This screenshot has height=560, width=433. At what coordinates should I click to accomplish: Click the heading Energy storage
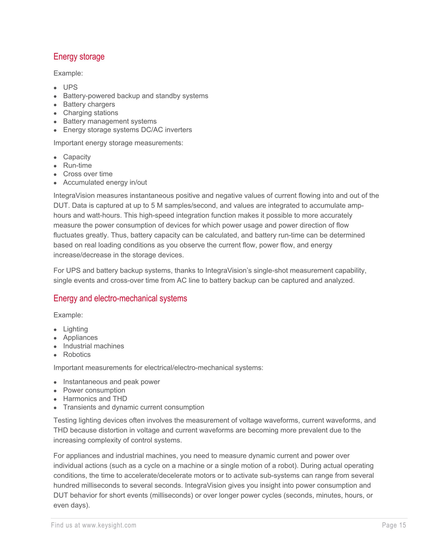click(x=79, y=57)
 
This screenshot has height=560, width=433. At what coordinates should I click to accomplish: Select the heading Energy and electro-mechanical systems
click(x=120, y=298)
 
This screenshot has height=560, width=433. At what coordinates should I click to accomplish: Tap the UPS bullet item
click(x=70, y=87)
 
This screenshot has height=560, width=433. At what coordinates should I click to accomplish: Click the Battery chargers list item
click(x=89, y=104)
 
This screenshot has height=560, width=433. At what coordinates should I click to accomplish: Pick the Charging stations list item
click(x=91, y=113)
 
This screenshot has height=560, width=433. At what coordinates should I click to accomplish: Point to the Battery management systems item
click(x=110, y=121)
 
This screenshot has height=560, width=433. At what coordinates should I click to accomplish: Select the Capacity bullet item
click(x=77, y=157)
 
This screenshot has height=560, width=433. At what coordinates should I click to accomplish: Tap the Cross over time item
click(x=88, y=174)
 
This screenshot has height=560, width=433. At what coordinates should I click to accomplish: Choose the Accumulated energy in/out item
click(x=105, y=182)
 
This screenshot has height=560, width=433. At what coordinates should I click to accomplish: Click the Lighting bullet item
click(x=75, y=329)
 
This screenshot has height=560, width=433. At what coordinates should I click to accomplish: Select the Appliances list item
click(x=80, y=337)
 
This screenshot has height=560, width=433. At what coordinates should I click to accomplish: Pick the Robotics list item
click(x=77, y=354)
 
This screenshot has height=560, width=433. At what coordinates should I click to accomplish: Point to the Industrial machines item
click(x=93, y=346)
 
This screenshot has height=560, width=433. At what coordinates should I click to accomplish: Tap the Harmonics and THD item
click(x=95, y=399)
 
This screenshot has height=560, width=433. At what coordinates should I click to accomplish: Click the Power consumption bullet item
click(x=94, y=390)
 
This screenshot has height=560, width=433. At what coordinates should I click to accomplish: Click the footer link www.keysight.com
click(x=109, y=525)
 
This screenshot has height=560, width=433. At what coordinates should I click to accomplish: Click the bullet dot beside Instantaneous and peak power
click(x=55, y=382)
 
